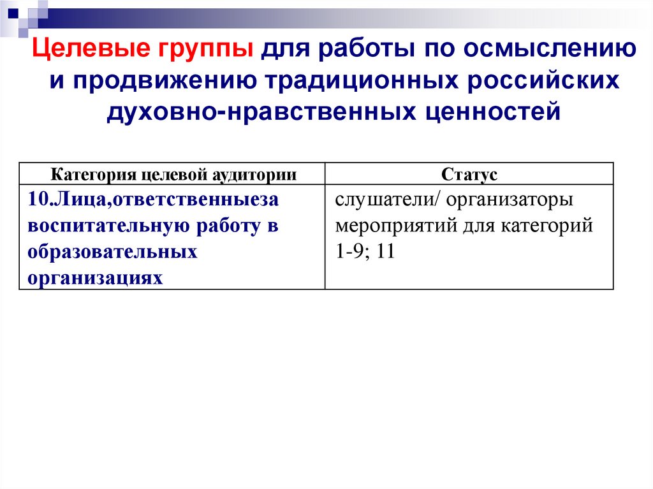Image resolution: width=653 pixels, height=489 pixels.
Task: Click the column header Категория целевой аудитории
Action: [173, 174]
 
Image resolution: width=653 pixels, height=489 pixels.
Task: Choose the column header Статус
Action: [469, 174]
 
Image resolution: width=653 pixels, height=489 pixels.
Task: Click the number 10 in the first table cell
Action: [37, 200]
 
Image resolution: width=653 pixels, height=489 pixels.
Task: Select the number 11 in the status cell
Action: [386, 251]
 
